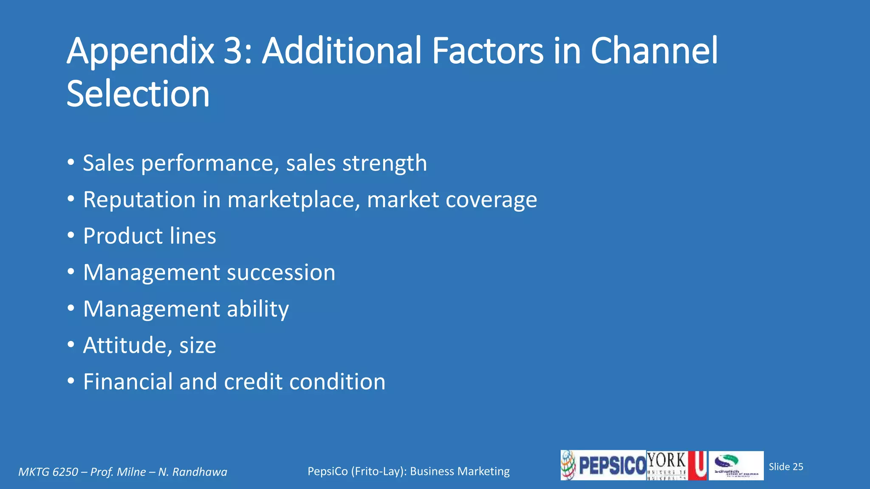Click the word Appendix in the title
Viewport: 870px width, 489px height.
140,52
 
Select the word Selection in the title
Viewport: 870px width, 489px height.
138,94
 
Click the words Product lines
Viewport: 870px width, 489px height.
150,236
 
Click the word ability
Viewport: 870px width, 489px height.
258,309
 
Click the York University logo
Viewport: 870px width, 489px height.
676,466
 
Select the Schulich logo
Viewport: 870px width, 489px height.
736,466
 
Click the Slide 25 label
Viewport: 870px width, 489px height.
786,467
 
